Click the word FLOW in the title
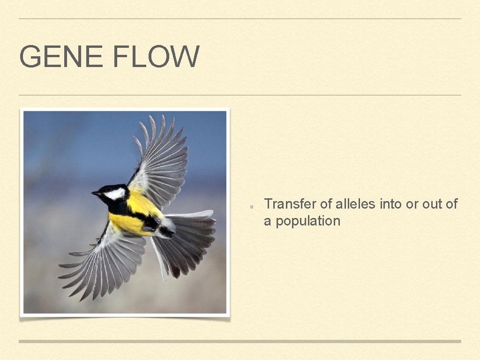click(156, 57)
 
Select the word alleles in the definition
click(356, 204)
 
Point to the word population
click(307, 221)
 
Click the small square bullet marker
click(252, 206)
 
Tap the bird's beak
click(96, 193)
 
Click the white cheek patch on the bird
click(115, 193)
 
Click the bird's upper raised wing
click(162, 159)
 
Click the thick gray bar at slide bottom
click(240, 341)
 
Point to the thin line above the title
click(240, 19)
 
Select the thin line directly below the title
click(240, 95)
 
